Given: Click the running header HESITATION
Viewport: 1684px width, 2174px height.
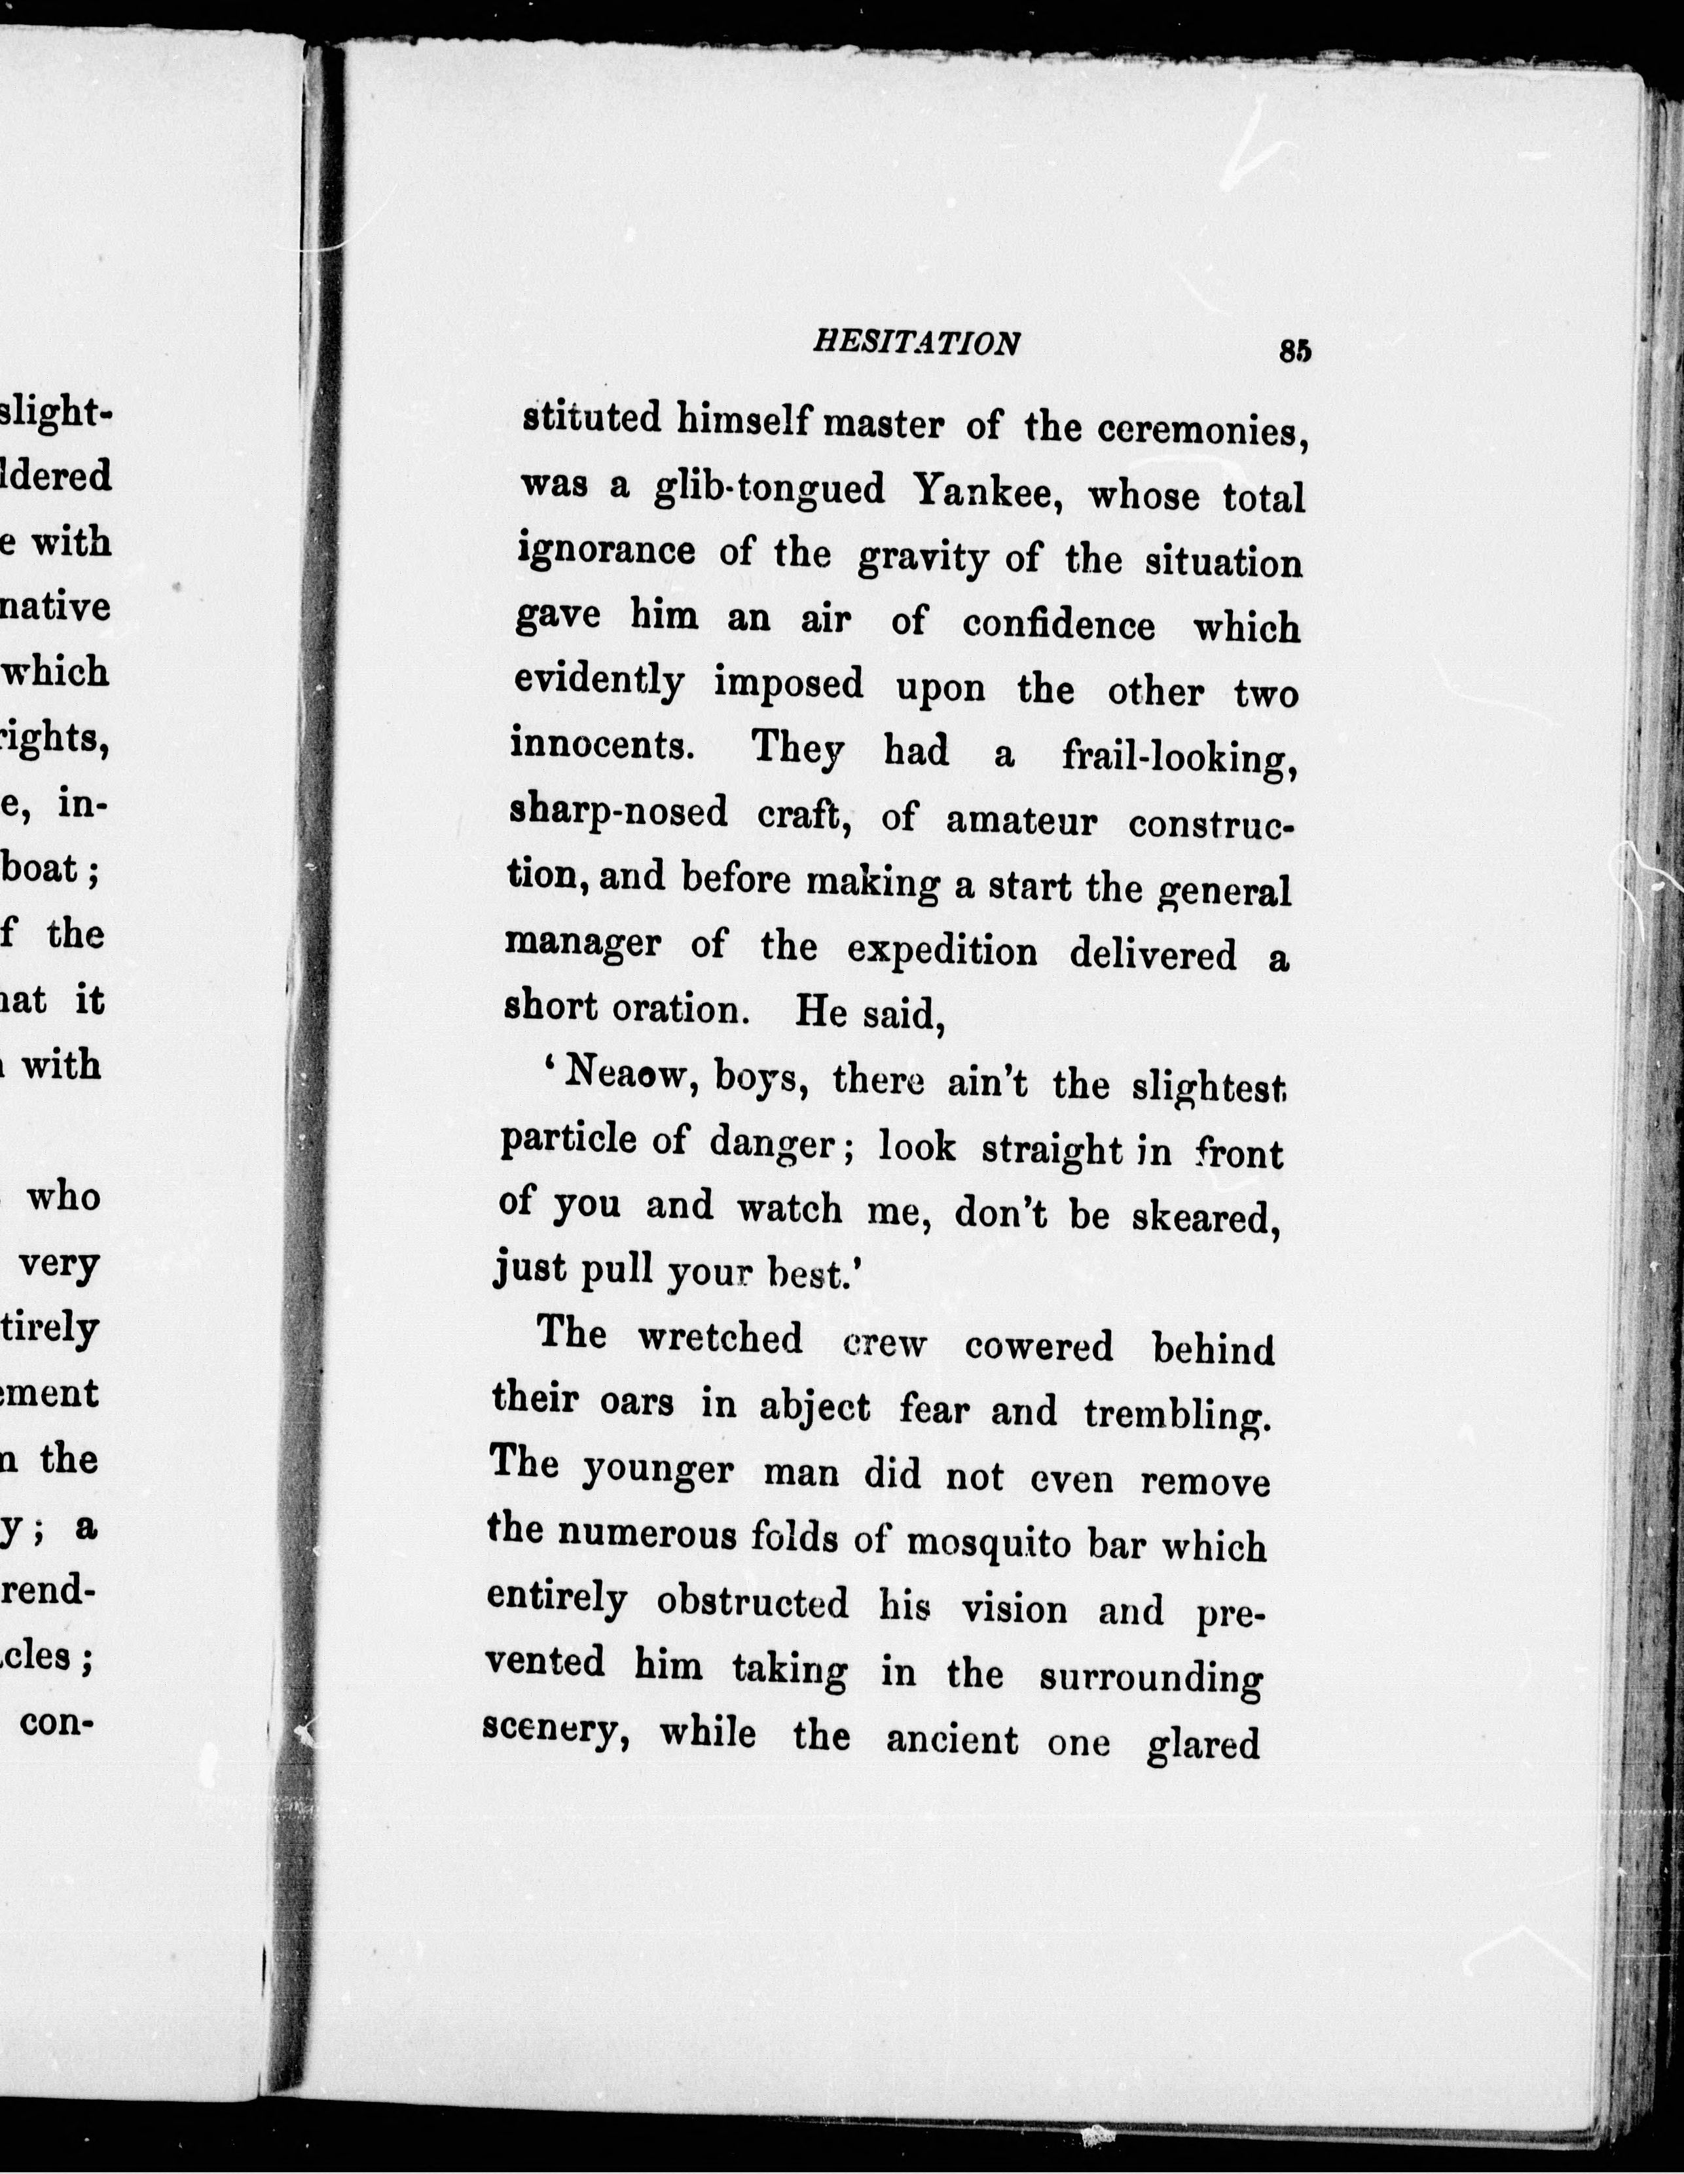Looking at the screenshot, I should pos(915,343).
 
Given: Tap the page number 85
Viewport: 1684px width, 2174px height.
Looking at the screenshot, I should pos(1295,352).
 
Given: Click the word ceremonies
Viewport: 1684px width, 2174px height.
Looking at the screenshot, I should pos(1201,431).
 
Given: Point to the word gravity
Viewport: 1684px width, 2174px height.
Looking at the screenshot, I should pos(922,559).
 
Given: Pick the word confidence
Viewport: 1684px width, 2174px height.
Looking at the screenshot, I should pos(1059,624).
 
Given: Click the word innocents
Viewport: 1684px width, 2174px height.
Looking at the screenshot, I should pos(602,746).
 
